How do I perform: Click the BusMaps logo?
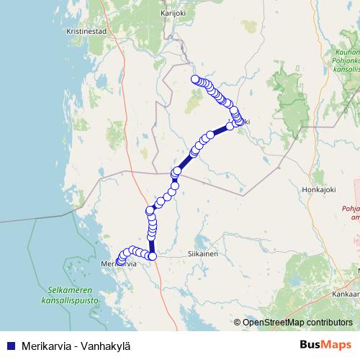pyautogui.click(x=326, y=344)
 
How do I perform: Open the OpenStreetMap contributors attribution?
pyautogui.click(x=297, y=323)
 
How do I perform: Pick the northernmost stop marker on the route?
pyautogui.click(x=194, y=79)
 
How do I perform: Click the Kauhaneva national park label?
pyautogui.click(x=347, y=61)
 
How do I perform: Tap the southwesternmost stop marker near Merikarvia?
pyautogui.click(x=119, y=260)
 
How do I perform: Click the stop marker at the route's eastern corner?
pyautogui.click(x=238, y=120)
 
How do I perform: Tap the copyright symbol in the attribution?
pyautogui.click(x=238, y=323)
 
